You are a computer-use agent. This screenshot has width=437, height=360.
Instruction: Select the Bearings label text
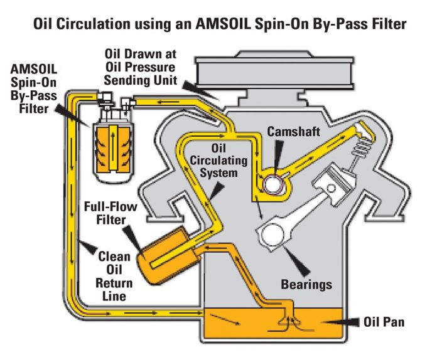click(x=306, y=284)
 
